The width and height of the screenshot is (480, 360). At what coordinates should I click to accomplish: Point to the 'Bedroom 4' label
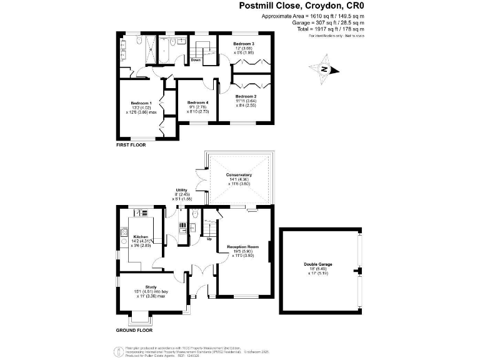pyautogui.click(x=197, y=102)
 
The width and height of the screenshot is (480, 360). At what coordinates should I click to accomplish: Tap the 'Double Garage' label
pyautogui.click(x=318, y=264)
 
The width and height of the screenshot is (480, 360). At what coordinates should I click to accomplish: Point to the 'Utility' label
pyautogui.click(x=182, y=189)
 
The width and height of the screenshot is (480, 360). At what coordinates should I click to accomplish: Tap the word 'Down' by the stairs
pyautogui.click(x=196, y=60)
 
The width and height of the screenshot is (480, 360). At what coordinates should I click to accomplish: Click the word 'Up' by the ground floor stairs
pyautogui.click(x=209, y=239)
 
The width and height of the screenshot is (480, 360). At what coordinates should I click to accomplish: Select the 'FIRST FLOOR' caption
pyautogui.click(x=131, y=144)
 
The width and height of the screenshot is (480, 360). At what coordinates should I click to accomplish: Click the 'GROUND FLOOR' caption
pyautogui.click(x=134, y=330)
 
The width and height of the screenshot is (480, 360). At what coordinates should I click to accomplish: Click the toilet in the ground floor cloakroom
pyautogui.click(x=194, y=215)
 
